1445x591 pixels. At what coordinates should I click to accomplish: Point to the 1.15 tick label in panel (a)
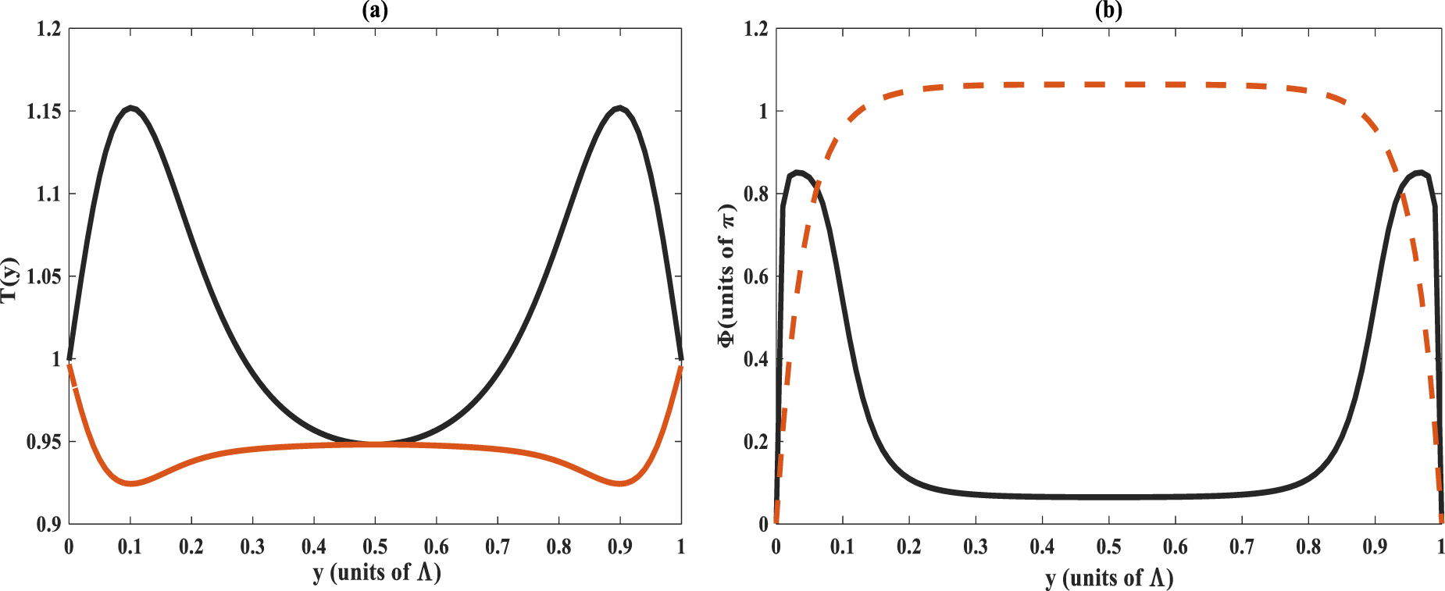tap(44, 112)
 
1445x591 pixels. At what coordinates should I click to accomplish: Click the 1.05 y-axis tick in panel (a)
tap(44, 277)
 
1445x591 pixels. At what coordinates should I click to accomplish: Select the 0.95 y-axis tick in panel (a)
tap(44, 443)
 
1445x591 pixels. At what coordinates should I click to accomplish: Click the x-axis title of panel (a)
tap(376, 572)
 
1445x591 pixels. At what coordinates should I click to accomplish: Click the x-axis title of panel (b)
tap(1109, 578)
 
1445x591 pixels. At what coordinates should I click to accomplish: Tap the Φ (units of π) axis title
tap(726, 276)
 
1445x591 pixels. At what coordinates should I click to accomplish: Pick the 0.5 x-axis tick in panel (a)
tap(375, 546)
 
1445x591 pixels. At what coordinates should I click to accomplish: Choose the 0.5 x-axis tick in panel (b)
tap(1108, 546)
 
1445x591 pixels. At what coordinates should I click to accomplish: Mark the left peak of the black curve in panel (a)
tap(131, 108)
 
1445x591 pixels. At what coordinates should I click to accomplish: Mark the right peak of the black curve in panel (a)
tap(619, 108)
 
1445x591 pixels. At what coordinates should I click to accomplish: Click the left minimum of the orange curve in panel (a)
tap(131, 484)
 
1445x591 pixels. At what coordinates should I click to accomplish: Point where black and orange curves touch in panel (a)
tap(376, 443)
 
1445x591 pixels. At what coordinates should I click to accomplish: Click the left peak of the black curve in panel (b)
tap(797, 173)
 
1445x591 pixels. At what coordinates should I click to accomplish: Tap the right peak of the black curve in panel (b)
tap(1420, 173)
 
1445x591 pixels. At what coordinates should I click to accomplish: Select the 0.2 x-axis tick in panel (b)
tap(908, 546)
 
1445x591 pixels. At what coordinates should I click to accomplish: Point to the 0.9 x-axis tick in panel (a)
tap(619, 546)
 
